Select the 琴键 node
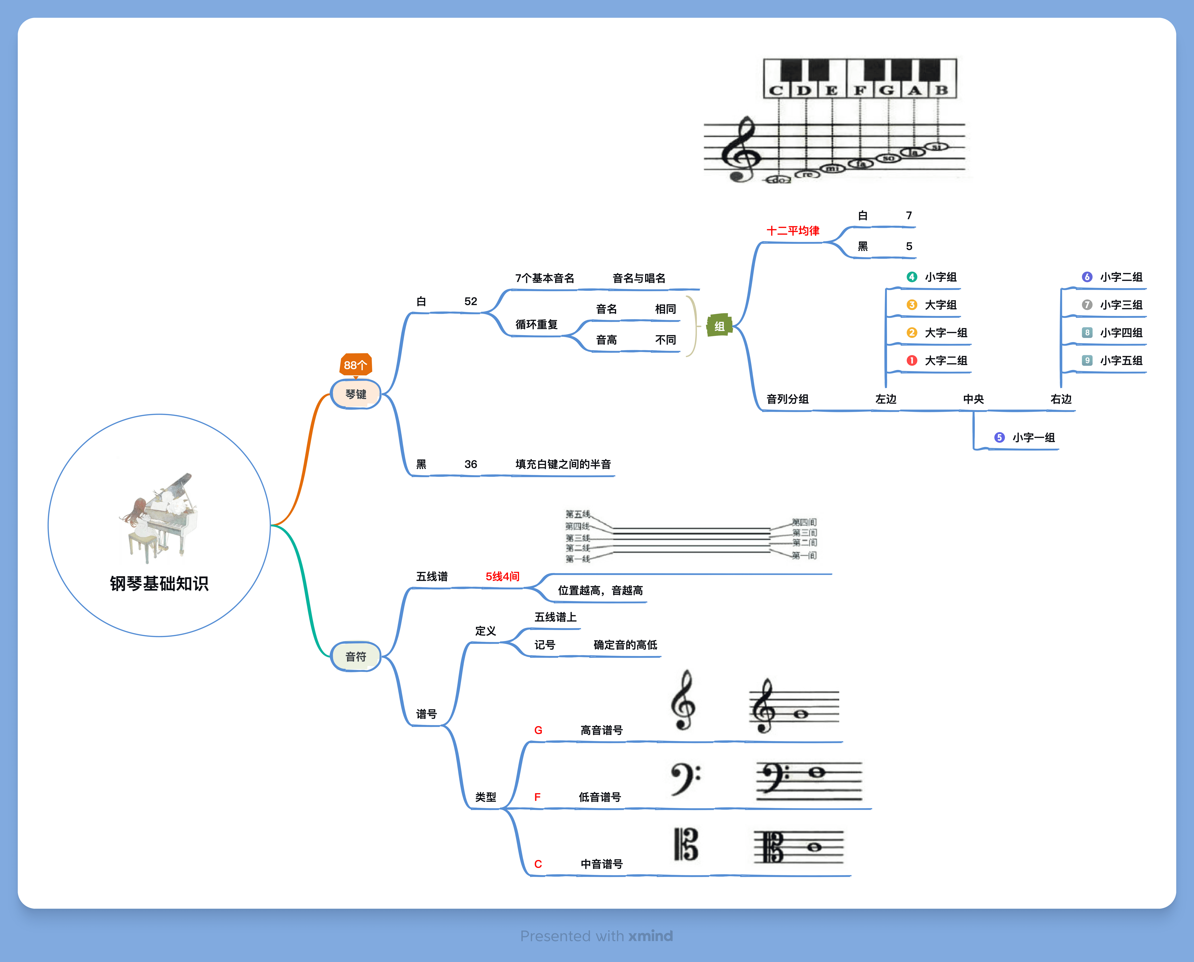click(355, 394)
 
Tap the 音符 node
click(355, 657)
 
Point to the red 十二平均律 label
click(792, 231)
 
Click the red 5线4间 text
click(502, 576)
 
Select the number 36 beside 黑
click(471, 464)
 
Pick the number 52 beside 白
click(471, 302)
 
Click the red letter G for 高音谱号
click(538, 730)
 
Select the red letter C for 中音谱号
click(538, 864)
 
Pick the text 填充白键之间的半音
click(563, 464)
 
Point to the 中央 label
click(973, 399)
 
